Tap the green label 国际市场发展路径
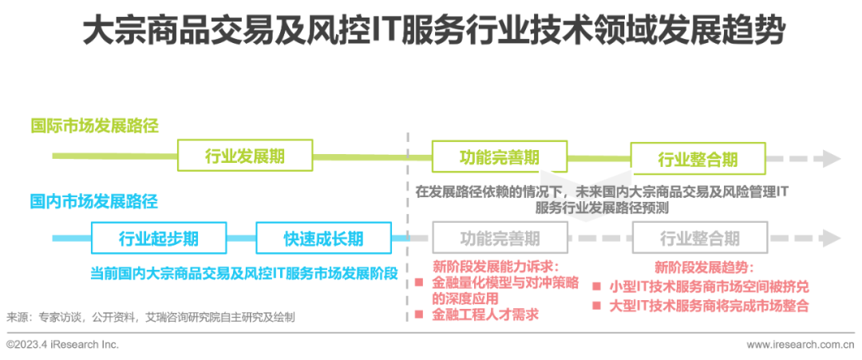pos(94,126)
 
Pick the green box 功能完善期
pos(500,156)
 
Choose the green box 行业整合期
pos(698,159)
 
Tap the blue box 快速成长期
pos(323,238)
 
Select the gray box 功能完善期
pos(500,238)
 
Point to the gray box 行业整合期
pos(699,238)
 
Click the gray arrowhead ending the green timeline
pos(832,158)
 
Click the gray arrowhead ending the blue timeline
pos(832,238)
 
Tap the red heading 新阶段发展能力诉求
pos(496,266)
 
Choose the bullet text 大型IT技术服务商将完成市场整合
pos(709,306)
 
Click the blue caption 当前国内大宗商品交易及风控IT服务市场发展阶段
pos(243,273)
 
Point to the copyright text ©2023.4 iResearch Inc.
pos(62,345)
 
